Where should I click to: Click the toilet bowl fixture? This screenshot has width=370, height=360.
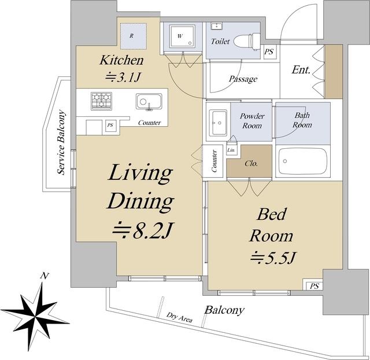[247, 41]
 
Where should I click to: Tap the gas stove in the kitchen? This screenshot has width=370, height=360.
[102, 101]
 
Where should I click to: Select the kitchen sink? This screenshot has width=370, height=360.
[149, 102]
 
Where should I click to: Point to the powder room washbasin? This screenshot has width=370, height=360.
[219, 122]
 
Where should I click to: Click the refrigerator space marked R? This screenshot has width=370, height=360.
[134, 36]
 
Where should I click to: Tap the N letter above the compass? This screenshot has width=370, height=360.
[45, 275]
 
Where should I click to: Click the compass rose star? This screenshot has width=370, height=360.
[35, 317]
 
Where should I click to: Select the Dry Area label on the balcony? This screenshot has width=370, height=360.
[179, 317]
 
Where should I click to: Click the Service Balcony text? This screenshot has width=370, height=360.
[62, 143]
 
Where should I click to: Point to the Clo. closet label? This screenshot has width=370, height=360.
[251, 163]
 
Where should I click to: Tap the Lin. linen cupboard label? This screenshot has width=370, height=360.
[231, 150]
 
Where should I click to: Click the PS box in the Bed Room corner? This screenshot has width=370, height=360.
[313, 285]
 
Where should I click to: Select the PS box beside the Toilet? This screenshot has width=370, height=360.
[269, 52]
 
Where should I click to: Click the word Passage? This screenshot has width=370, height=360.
[243, 79]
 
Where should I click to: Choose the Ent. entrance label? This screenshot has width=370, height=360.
[301, 69]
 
